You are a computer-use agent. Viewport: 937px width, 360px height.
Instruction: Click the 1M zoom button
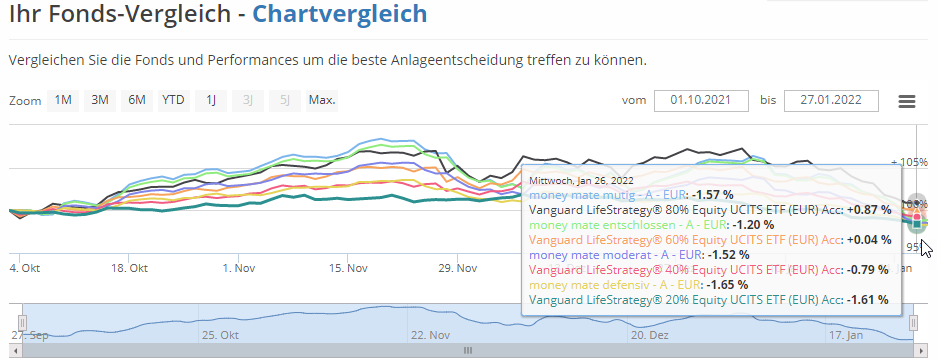[x=63, y=100]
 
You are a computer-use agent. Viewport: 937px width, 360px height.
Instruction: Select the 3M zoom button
[x=100, y=100]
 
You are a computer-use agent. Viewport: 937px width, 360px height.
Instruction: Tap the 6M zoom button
[x=137, y=100]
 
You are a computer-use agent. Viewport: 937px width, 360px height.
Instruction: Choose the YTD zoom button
[x=173, y=100]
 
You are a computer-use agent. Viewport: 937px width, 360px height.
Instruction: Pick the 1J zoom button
[x=210, y=100]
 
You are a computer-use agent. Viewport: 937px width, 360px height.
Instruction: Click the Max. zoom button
[x=322, y=100]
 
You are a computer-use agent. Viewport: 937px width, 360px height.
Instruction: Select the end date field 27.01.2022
[x=831, y=101]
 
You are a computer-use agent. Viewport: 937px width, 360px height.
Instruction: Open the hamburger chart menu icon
[x=907, y=101]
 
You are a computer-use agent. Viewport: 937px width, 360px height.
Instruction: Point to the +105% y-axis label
[x=909, y=161]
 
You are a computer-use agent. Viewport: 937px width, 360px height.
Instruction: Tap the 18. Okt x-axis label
[x=131, y=268]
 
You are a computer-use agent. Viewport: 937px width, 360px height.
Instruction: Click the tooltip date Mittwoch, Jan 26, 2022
[x=581, y=180]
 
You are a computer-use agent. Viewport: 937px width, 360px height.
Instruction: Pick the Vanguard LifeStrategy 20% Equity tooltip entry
[x=686, y=299]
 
